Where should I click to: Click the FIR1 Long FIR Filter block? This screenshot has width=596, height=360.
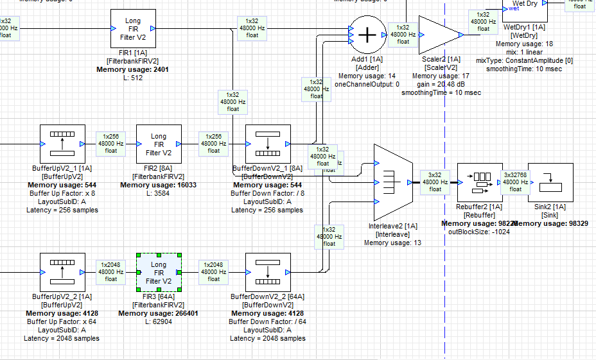point(133,29)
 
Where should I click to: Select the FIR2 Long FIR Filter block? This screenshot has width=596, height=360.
point(159,144)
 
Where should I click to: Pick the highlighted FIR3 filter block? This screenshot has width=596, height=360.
point(159,273)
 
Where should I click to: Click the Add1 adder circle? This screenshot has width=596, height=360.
point(367,35)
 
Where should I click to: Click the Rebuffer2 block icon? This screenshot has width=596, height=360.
point(479,182)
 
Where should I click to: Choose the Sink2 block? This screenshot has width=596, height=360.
point(550,182)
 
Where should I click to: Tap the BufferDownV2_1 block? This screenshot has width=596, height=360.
point(268,144)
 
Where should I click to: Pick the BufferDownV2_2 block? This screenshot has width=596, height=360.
point(268,273)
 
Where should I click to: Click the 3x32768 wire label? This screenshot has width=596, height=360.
point(515,182)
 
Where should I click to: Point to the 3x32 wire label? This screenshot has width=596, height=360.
point(435,182)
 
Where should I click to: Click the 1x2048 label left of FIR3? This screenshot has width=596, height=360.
point(111,271)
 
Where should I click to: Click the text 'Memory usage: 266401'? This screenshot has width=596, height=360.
point(158,314)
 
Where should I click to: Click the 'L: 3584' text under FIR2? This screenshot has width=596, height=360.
point(158,193)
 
